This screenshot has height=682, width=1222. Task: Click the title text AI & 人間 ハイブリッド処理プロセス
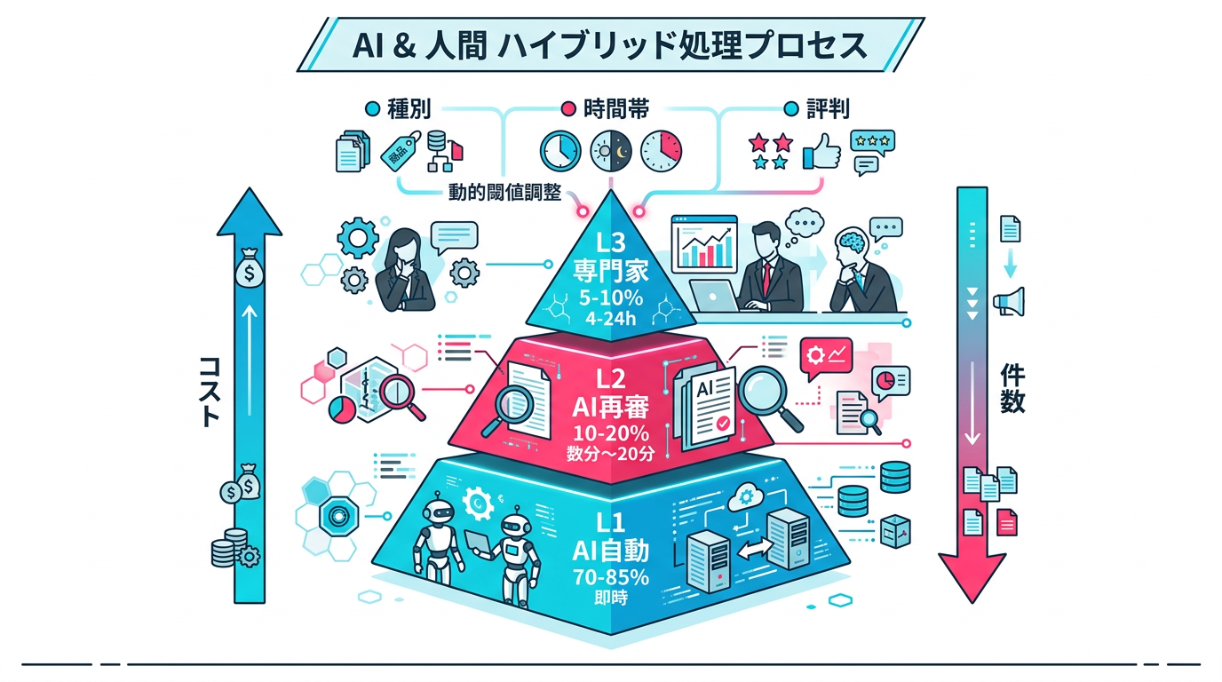pos(610,44)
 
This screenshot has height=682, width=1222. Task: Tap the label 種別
pos(409,109)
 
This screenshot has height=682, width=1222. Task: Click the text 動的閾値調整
pos(504,193)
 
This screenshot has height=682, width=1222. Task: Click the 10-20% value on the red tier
pos(610,434)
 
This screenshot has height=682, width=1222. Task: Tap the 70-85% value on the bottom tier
pos(610,576)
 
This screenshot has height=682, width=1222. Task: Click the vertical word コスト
pos(208,391)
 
